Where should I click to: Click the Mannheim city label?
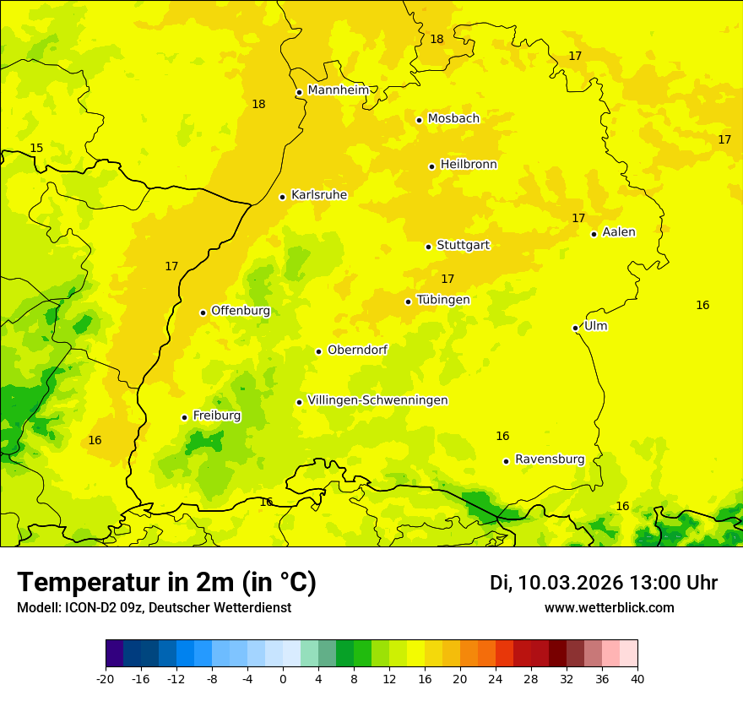pos(338,90)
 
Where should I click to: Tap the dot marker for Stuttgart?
pos(428,247)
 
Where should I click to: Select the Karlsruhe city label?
pos(318,195)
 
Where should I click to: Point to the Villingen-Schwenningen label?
pos(377,400)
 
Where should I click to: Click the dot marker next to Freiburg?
pos(184,417)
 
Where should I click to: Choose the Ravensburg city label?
pos(550,459)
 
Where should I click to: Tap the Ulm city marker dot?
pos(575,328)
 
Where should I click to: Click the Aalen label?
pos(619,232)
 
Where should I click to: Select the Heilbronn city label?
pos(469,165)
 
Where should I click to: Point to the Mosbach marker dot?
pos(419,120)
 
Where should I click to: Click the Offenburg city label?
pos(241,311)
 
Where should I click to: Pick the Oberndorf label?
pos(357,350)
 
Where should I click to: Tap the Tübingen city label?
pos(443,300)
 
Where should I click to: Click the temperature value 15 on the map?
pos(36,149)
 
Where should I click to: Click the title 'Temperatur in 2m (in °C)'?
pos(166,583)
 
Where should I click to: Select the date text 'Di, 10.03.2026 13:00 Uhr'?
pos(603,583)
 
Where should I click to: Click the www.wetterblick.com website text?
pos(609,608)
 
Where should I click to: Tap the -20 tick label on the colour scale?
pos(106,678)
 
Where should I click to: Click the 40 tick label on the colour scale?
pos(637,678)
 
